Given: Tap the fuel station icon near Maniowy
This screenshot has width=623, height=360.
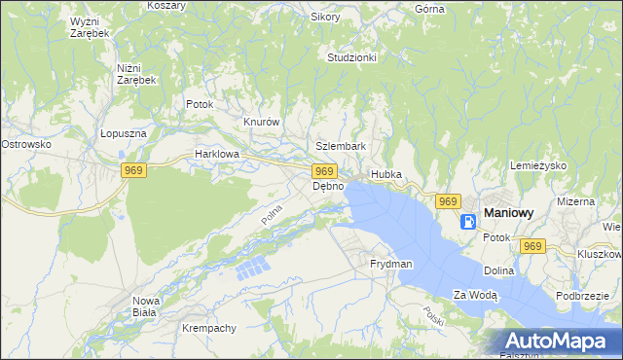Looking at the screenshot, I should pos(469,220).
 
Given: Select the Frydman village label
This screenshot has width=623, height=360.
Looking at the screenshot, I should pos(390,264).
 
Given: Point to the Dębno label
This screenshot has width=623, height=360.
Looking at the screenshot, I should pos(327,186).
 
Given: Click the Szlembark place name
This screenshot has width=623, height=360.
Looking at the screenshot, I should pos(341,146).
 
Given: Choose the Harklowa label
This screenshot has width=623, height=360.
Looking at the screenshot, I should pos(216,154).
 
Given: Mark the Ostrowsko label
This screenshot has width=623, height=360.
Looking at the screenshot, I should pos(26,144).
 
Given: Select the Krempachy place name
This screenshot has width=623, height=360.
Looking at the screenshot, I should pos(208,328).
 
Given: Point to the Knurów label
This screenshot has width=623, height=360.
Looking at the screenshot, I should pos(261,122).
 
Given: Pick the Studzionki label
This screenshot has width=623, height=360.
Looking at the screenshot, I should pos(351,57).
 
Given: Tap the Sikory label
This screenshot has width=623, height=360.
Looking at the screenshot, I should pos(324,17).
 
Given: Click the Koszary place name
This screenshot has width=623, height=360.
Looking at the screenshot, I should pos(166,5).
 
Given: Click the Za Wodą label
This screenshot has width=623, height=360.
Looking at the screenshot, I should pos(475,295).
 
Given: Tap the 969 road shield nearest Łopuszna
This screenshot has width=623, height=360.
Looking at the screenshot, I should pos(134,171).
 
